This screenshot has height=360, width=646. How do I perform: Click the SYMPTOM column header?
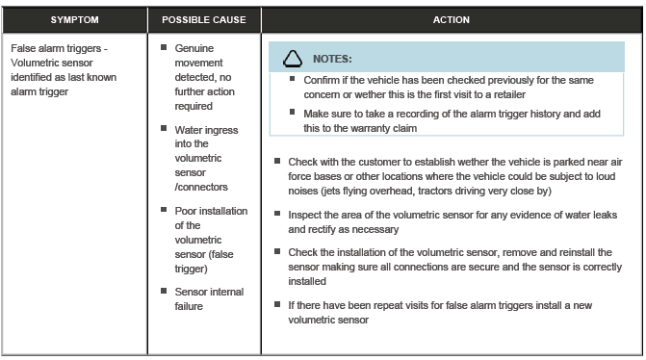(x=74, y=19)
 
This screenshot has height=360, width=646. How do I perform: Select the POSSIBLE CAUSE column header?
(x=204, y=19)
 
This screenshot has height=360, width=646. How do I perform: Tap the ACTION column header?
(x=452, y=19)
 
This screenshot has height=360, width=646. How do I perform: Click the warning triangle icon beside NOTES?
(x=291, y=60)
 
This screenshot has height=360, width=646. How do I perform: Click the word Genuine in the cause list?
(x=195, y=47)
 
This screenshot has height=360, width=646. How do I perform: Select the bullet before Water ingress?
(x=165, y=130)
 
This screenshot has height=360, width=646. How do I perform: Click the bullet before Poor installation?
(x=165, y=211)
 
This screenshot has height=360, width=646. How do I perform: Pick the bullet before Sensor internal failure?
(x=165, y=292)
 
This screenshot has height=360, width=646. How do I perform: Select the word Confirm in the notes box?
(x=323, y=80)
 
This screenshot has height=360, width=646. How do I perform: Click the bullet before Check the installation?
(x=277, y=251)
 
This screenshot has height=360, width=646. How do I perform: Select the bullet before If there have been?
(x=277, y=305)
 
